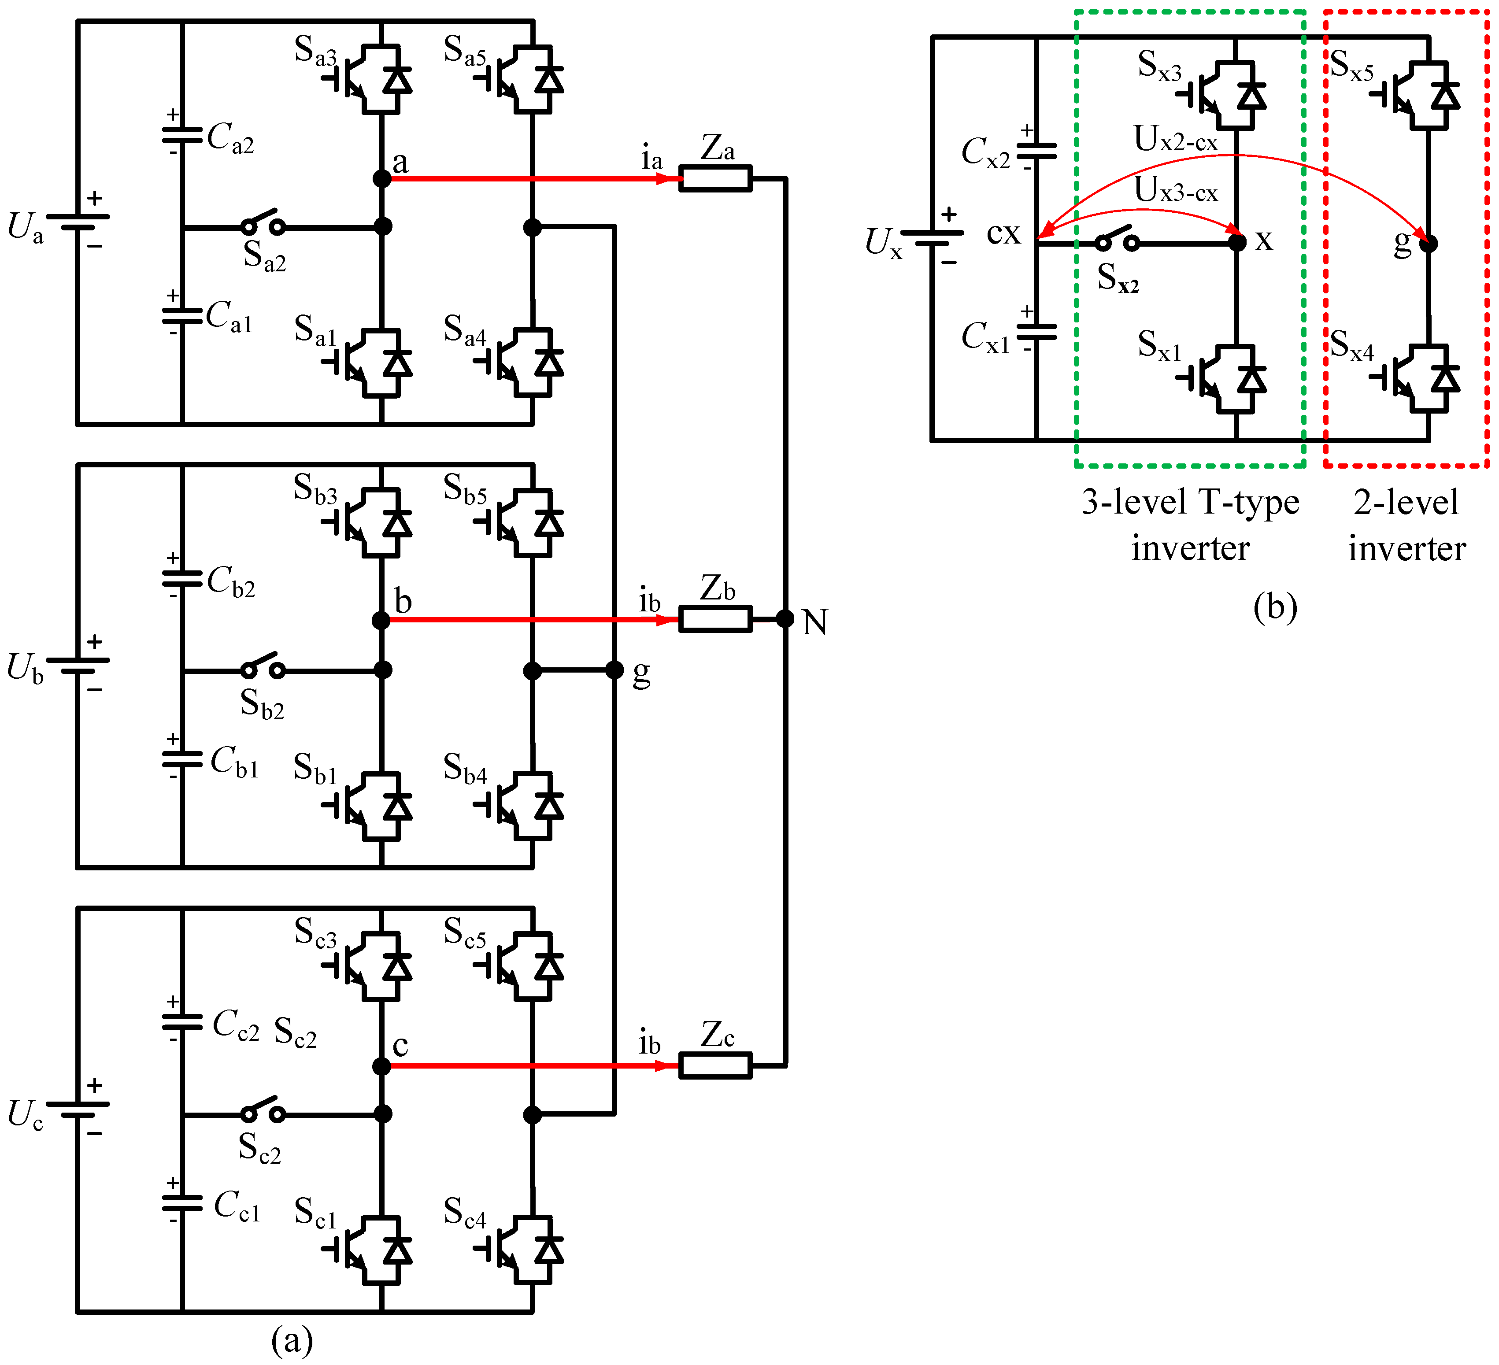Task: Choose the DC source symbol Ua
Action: tap(78, 222)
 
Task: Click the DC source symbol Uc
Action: tap(78, 1109)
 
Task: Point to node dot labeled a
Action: tap(381, 178)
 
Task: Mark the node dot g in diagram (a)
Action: tap(614, 670)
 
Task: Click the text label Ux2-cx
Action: tap(1176, 140)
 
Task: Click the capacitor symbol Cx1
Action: tap(1036, 332)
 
